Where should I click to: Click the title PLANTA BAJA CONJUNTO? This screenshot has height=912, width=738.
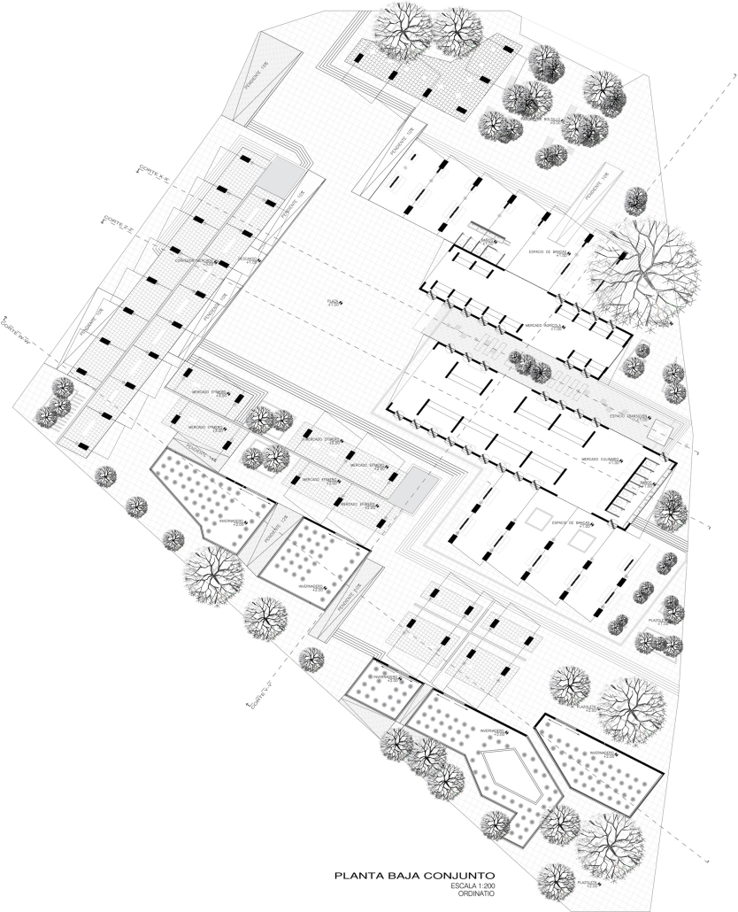point(408,877)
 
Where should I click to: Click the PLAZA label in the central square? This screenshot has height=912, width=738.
point(334,303)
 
